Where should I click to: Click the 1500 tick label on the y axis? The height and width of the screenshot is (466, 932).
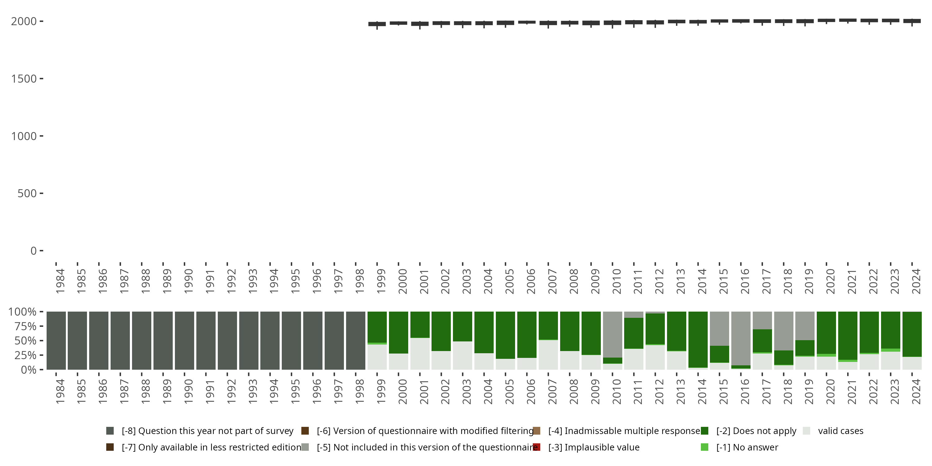(x=24, y=79)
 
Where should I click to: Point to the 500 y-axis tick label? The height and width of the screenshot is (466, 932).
(x=27, y=194)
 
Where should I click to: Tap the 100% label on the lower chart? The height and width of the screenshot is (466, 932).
(x=22, y=312)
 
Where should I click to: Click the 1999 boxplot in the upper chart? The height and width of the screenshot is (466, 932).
(x=377, y=24)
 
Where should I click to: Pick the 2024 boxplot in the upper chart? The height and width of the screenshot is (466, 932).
(x=912, y=21)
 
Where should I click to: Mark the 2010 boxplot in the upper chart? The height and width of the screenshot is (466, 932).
(x=612, y=23)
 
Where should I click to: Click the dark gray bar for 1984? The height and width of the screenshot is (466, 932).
(x=56, y=340)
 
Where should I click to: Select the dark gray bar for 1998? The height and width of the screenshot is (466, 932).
(x=356, y=340)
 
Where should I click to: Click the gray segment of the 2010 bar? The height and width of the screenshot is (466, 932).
(x=612, y=334)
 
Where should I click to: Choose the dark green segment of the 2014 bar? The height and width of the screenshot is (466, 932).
(x=698, y=339)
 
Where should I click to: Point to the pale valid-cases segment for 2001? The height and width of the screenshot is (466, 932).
(x=420, y=354)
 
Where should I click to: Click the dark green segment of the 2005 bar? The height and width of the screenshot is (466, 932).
(x=505, y=335)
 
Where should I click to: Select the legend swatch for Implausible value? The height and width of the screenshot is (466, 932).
(x=537, y=447)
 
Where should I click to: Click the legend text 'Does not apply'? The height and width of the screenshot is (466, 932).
(x=756, y=431)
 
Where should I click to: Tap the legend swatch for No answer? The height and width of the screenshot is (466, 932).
(x=704, y=447)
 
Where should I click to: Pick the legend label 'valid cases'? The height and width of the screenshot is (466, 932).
(x=840, y=431)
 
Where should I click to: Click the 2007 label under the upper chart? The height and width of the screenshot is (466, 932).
(x=552, y=281)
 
